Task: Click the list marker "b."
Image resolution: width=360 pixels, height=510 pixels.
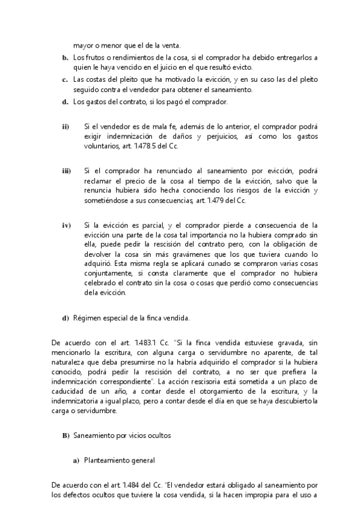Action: (65, 58)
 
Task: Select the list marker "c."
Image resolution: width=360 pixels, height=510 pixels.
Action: (65, 79)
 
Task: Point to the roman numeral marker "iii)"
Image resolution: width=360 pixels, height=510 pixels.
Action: (66, 171)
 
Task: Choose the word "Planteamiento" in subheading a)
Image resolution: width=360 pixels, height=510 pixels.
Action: (106, 461)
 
